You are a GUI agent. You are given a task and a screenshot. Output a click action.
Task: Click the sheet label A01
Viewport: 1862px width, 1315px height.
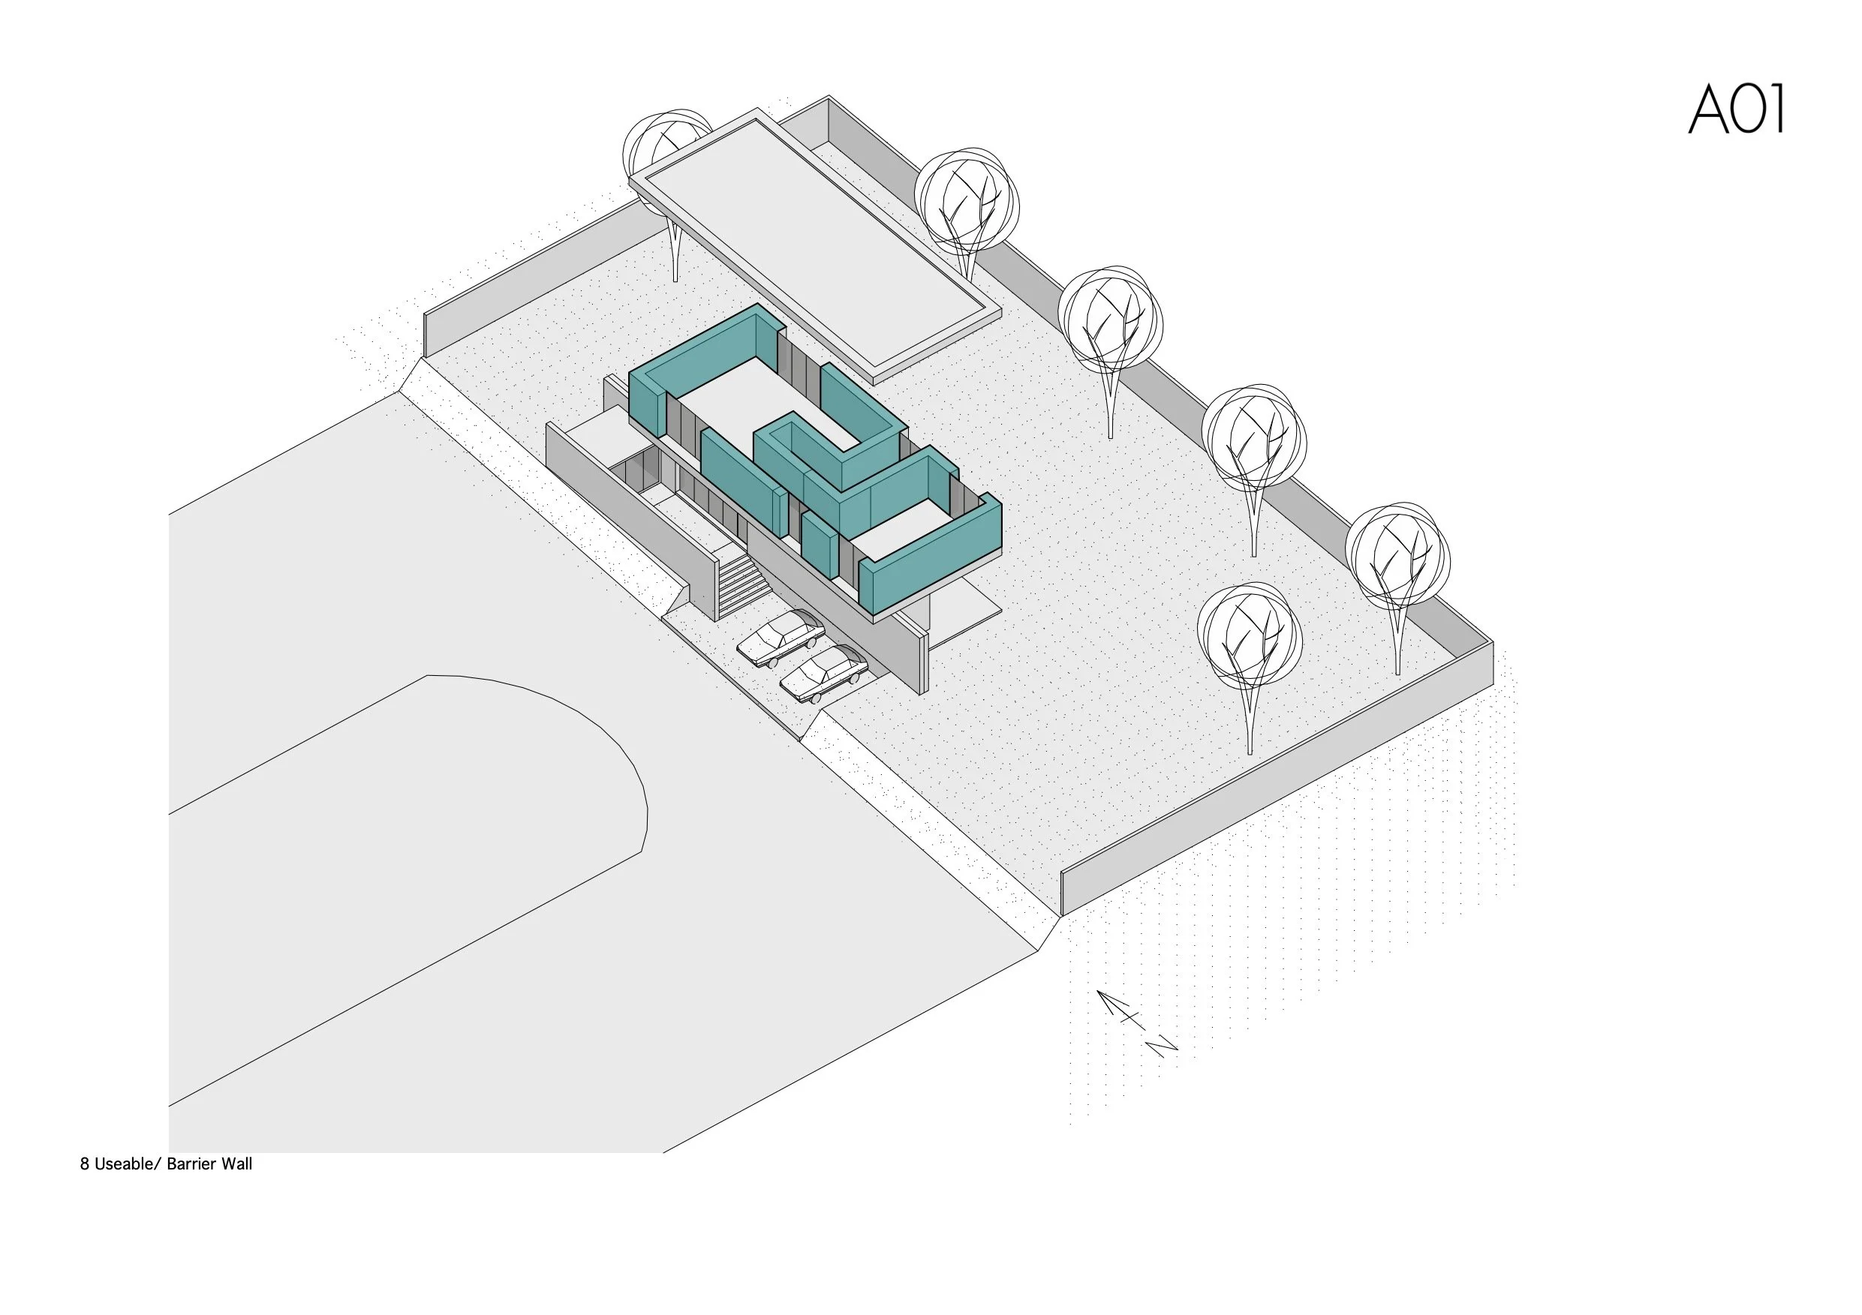1737,110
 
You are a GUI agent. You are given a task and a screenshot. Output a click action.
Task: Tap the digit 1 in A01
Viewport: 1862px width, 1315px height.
1779,110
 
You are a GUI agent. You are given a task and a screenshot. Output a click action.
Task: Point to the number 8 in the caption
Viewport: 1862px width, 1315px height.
84,1164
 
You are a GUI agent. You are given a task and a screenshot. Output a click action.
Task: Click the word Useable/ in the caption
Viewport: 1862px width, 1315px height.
128,1164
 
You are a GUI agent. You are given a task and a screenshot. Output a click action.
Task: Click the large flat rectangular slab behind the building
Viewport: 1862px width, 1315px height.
815,248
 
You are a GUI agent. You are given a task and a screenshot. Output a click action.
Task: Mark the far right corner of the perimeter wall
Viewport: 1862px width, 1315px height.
1491,643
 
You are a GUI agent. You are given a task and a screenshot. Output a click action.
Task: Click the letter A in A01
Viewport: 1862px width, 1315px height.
1710,110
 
